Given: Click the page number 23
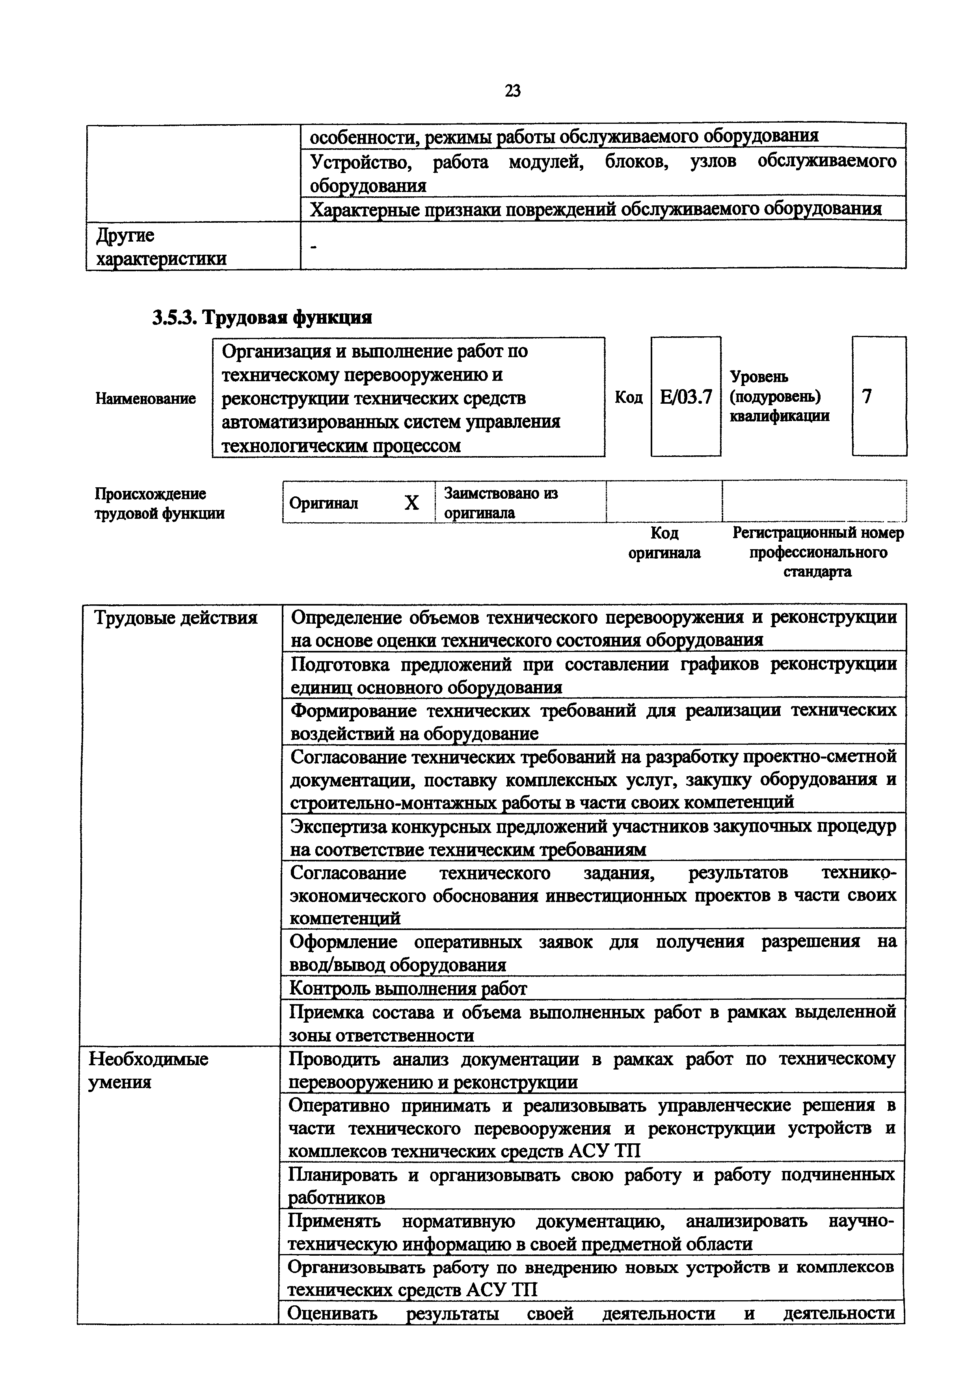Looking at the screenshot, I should pyautogui.click(x=512, y=91).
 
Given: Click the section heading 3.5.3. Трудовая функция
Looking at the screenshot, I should pyautogui.click(x=262, y=317).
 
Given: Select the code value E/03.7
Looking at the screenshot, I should pyautogui.click(x=686, y=397).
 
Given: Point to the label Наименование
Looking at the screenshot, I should pyautogui.click(x=146, y=398).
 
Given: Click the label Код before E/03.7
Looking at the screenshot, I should pyautogui.click(x=629, y=397).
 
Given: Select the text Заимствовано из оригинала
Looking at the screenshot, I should pyautogui.click(x=500, y=502).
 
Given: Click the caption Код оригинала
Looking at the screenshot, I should pyautogui.click(x=664, y=543).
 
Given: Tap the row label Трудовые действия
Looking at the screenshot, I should pyautogui.click(x=177, y=618).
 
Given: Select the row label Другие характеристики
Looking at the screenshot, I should pyautogui.click(x=161, y=246).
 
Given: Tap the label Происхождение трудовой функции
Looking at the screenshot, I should pyautogui.click(x=160, y=503).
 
